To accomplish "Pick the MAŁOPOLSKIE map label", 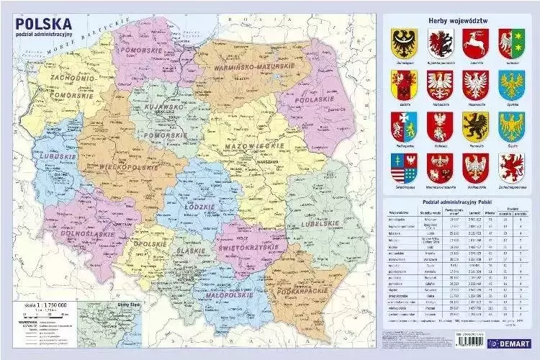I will pyautogui.click(x=207, y=294).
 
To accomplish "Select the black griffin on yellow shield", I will pyautogui.click(x=475, y=125).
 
